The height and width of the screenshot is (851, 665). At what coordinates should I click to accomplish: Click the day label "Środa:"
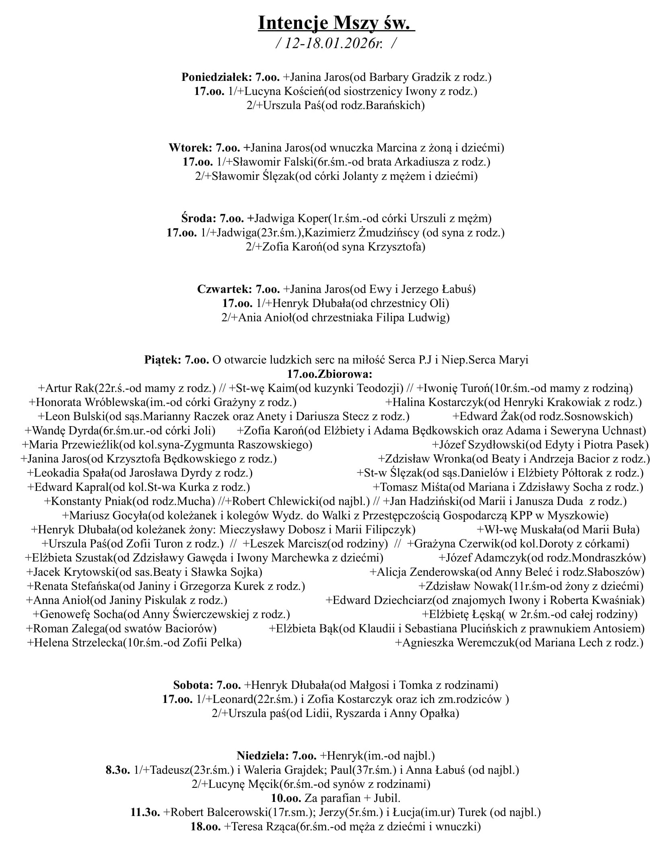point(198,218)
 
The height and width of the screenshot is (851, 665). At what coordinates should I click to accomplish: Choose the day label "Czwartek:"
point(224,289)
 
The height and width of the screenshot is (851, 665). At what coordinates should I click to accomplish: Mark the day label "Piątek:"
point(163,360)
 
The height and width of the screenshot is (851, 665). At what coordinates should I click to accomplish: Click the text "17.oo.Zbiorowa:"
point(330,374)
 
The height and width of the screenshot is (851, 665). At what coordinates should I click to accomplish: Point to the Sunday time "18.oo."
point(206,826)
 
